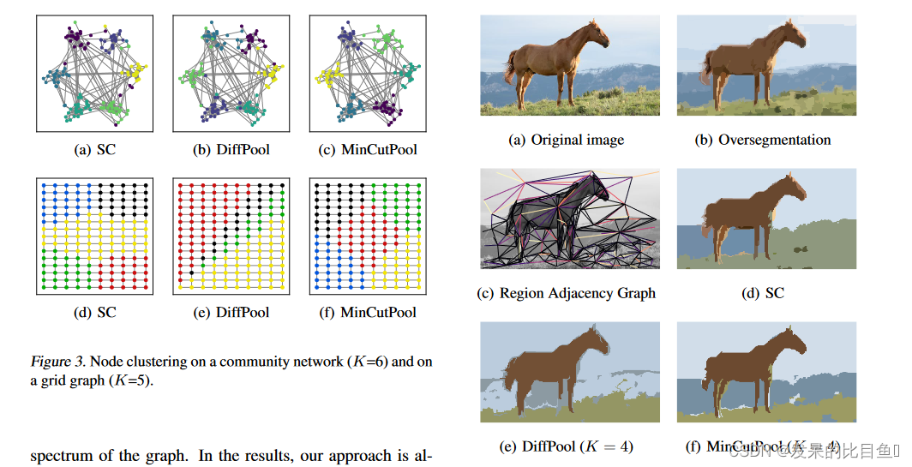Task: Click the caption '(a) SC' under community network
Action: (x=95, y=150)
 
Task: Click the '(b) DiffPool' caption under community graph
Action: (x=231, y=150)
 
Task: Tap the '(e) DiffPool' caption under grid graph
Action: (x=231, y=312)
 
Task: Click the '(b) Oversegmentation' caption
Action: (x=763, y=140)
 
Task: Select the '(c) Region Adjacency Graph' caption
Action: (x=567, y=293)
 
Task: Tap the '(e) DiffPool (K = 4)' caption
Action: (x=567, y=446)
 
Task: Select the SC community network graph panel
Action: (x=95, y=73)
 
